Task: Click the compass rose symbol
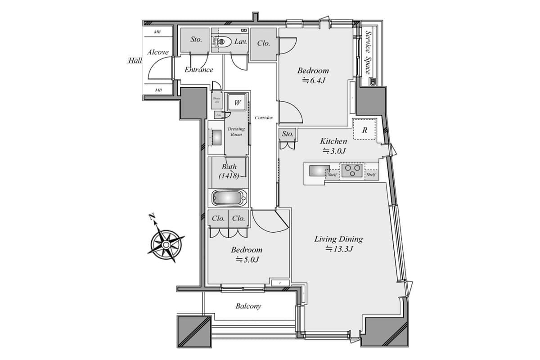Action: click(166, 243)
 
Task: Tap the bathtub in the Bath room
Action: click(229, 198)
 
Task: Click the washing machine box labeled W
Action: click(237, 103)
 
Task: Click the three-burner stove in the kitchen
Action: click(351, 171)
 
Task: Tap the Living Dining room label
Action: click(338, 239)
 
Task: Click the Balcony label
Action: click(248, 306)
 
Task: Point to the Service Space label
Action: click(368, 52)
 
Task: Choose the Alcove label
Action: click(157, 52)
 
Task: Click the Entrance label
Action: click(199, 70)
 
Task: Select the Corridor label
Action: click(264, 118)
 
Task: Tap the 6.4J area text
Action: click(313, 81)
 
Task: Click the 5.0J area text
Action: click(247, 260)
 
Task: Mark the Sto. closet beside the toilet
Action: click(196, 40)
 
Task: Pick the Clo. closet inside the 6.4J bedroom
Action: click(264, 44)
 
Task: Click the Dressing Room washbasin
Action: click(216, 137)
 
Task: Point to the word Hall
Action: click(135, 60)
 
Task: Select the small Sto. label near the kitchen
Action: click(288, 134)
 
